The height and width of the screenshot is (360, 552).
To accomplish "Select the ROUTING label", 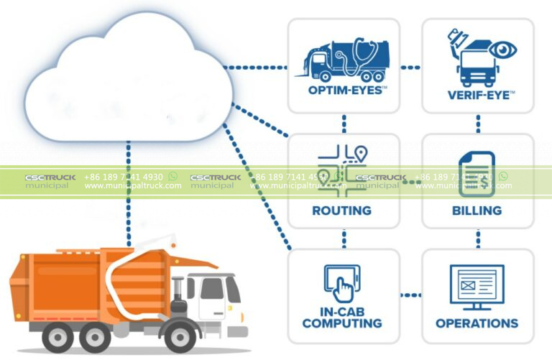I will tap(341, 211).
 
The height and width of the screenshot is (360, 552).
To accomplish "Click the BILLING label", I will tap(477, 211).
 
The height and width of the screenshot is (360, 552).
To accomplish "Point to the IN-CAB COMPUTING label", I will tap(341, 318).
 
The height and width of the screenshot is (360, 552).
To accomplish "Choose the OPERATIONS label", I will tap(477, 323).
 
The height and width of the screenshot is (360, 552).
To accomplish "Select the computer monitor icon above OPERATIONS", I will tap(477, 286).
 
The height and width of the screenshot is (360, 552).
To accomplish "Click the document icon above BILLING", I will tap(477, 173).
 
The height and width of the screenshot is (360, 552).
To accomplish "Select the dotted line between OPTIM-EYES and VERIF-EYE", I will tap(410, 67).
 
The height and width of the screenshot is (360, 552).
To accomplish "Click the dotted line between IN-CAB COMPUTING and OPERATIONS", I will tap(410, 295).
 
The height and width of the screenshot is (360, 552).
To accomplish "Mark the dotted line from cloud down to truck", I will tap(129, 194).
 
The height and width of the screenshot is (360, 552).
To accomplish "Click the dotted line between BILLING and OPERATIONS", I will tap(477, 238).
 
